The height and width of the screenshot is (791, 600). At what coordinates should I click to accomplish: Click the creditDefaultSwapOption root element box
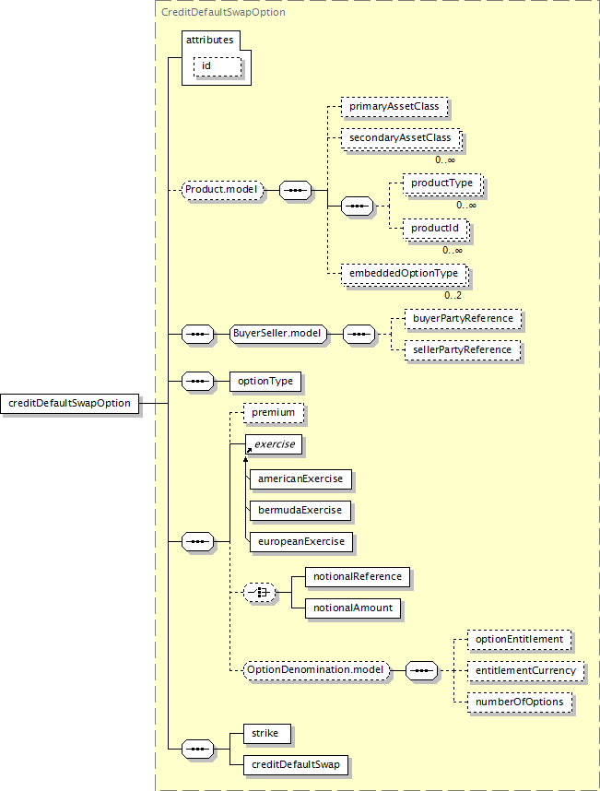coord(71,403)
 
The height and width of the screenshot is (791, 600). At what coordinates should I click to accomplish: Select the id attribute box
coord(217,66)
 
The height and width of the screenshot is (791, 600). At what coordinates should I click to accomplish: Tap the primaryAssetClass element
coord(394,107)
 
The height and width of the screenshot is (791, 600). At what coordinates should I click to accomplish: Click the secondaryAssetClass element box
coord(400,138)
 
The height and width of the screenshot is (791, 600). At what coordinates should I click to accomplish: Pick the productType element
coord(441,183)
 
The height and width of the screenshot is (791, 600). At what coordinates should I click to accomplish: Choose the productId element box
coord(435,228)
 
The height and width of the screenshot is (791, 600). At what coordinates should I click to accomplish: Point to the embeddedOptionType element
coord(402,273)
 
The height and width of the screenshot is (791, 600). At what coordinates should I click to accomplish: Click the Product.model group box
coord(222,191)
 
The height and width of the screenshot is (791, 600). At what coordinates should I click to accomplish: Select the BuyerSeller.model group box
coord(278,334)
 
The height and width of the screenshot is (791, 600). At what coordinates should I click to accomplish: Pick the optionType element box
coord(265,381)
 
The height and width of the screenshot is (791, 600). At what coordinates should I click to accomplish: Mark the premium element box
coord(273,412)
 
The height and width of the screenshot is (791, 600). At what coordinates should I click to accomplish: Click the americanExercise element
coord(300,479)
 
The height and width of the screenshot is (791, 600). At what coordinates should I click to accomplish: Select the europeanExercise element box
coord(300,541)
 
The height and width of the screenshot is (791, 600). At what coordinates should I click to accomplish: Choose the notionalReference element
coord(357,577)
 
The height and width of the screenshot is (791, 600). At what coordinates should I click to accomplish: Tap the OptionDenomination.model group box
coord(316,669)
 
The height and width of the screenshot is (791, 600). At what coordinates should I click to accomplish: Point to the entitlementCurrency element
coord(524,670)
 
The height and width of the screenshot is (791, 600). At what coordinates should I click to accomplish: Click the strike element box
coord(268,734)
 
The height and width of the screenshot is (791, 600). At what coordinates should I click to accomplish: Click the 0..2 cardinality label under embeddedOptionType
coord(453,295)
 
